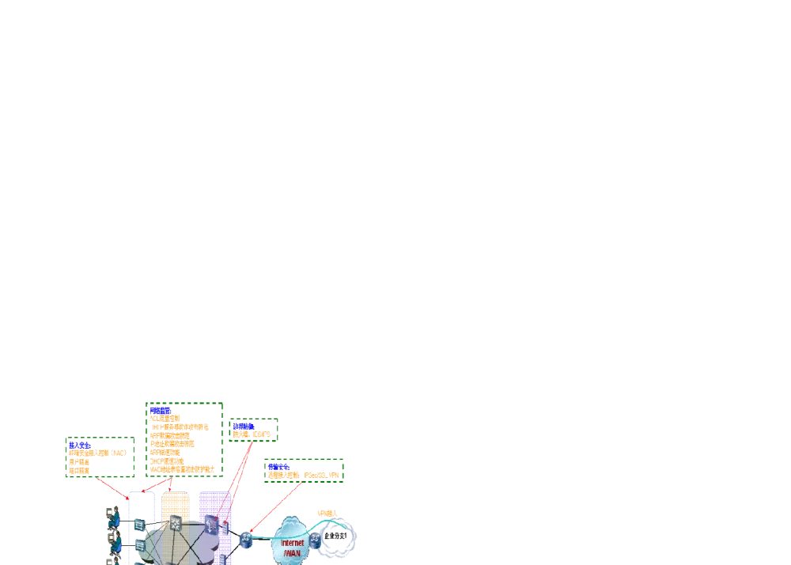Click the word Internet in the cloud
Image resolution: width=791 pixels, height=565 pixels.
[x=293, y=543]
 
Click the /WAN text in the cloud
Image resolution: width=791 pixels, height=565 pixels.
[x=292, y=553]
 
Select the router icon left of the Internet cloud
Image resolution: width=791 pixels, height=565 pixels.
[x=246, y=540]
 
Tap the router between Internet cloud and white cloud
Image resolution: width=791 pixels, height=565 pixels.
[x=315, y=540]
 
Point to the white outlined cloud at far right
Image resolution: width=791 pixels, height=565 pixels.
[x=339, y=538]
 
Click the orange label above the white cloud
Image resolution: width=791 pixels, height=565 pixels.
[x=327, y=514]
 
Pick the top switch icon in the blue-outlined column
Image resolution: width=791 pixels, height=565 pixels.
[x=140, y=524]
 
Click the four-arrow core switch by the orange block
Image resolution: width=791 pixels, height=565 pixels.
[x=176, y=523]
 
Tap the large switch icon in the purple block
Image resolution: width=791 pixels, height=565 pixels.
[x=211, y=524]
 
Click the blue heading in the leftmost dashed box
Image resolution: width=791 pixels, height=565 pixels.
[x=79, y=445]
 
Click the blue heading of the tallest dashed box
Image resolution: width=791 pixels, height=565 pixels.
[x=161, y=410]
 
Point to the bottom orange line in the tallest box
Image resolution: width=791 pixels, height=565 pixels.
[x=183, y=470]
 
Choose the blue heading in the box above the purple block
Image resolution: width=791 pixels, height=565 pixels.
[x=243, y=426]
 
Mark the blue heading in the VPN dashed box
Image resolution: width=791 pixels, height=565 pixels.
[x=278, y=466]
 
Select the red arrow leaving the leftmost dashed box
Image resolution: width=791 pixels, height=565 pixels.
[x=112, y=487]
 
